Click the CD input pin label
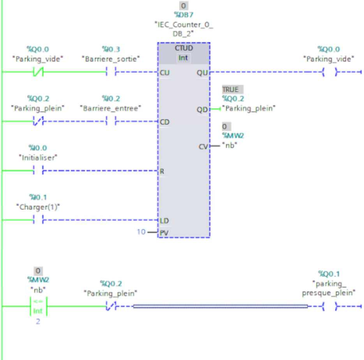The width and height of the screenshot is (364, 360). [x=165, y=122]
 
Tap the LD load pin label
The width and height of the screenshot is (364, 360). [x=164, y=221]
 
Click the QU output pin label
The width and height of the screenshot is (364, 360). [x=202, y=72]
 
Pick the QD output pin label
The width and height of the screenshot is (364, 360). [x=202, y=110]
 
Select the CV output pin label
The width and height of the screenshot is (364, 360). [x=203, y=146]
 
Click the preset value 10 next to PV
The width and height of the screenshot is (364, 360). [x=141, y=232]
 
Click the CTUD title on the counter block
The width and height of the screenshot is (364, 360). [x=184, y=48]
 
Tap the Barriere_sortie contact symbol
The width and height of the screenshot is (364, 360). [x=111, y=72]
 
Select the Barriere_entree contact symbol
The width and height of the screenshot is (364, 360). [x=111, y=122]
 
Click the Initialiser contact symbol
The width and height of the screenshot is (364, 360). [x=38, y=171]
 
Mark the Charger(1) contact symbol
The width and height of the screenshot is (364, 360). [x=38, y=220]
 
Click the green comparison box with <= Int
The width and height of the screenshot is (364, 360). [x=38, y=306]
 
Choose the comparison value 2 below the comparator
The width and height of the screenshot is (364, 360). [x=38, y=322]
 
